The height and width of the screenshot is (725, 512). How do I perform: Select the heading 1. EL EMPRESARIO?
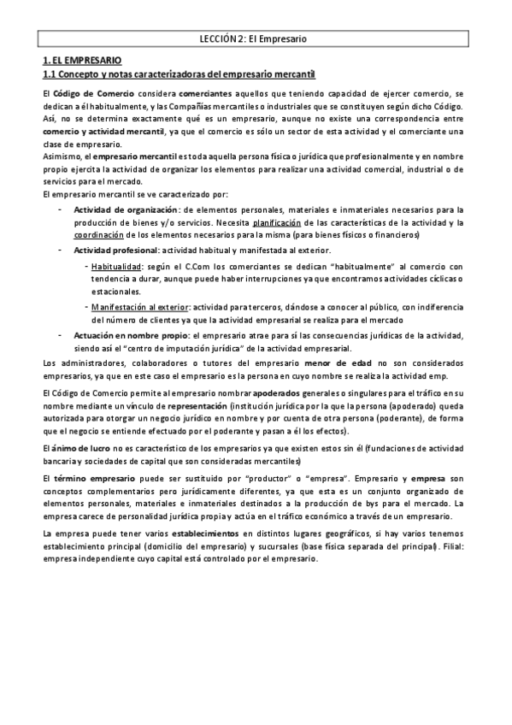(82, 62)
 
